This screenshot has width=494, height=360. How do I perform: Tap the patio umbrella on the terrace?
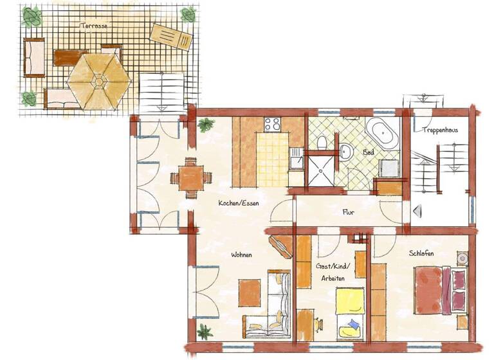99,80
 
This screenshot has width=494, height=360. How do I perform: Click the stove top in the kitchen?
272,125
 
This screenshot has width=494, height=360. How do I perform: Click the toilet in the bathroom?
324,139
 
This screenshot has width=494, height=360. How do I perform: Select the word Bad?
369,153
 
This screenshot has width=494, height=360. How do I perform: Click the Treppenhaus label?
440,130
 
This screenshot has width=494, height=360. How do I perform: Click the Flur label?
348,212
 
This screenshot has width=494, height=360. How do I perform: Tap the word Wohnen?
241,255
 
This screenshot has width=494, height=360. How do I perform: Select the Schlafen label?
421,253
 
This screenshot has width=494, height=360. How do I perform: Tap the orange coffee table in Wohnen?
250,292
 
